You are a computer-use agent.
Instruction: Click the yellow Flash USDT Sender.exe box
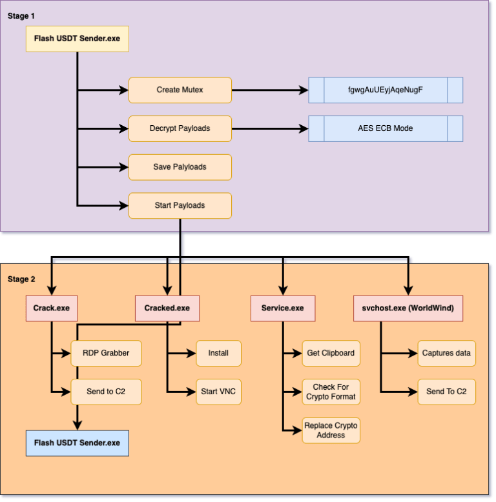[77, 39]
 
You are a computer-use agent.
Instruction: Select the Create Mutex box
[180, 90]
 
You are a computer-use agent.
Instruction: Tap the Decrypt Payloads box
[180, 128]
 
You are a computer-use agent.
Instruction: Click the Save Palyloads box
[180, 167]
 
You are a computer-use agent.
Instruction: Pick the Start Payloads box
[180, 205]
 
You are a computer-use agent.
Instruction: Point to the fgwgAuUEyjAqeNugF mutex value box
[386, 90]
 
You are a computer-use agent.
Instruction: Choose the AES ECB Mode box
[386, 128]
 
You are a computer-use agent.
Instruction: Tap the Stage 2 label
[21, 279]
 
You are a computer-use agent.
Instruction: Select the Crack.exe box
[51, 308]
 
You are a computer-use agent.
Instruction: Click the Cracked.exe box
[167, 308]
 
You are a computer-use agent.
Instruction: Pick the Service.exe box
[282, 308]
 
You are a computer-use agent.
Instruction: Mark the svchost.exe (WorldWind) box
[404, 308]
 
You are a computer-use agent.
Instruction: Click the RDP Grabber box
[105, 353]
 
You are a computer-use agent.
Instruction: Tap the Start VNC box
[218, 392]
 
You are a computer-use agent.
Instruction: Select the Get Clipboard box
[331, 353]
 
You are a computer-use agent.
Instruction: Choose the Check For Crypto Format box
[331, 392]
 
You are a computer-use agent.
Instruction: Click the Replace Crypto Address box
[331, 430]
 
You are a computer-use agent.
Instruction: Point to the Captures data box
[446, 353]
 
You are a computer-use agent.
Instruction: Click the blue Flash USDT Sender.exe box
[77, 443]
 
